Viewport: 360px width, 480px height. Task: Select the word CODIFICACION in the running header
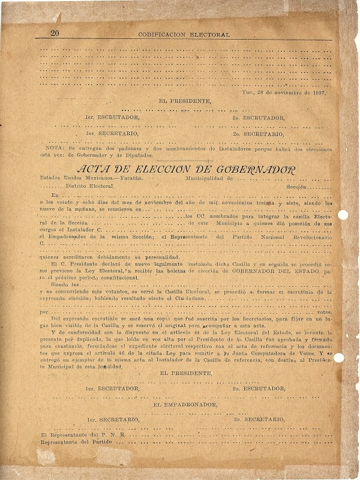pos(164,35)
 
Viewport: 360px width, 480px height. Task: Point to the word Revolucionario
pos(308,238)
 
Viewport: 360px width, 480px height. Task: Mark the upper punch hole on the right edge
pos(343,214)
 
